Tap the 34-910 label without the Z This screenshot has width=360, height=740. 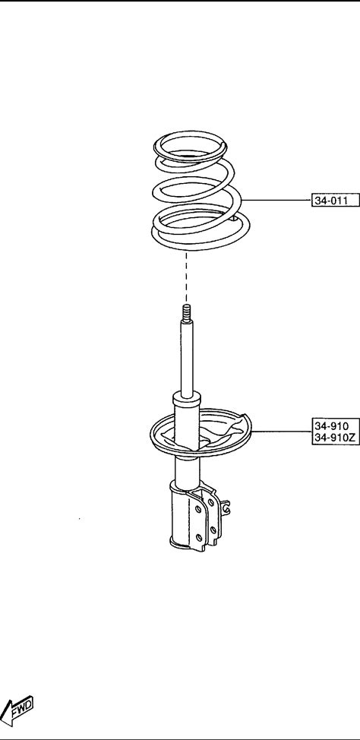[x=331, y=425]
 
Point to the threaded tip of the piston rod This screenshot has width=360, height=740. [x=186, y=312]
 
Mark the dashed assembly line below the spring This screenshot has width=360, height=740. [x=186, y=277]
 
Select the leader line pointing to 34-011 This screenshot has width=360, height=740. [x=276, y=200]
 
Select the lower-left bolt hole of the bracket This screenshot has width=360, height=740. [x=199, y=536]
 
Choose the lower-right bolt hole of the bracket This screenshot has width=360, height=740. [x=213, y=530]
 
